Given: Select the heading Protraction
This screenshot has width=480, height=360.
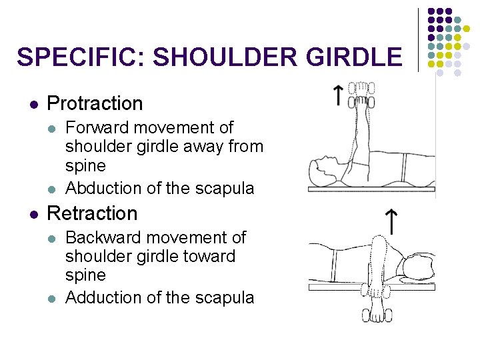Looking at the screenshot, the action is (95, 103).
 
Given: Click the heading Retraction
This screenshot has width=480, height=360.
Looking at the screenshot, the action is (93, 213).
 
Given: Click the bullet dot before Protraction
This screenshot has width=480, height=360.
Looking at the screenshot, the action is (33, 104).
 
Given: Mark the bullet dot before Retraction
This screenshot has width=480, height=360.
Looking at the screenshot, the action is (33, 214).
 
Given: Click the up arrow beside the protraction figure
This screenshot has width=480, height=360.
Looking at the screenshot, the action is (339, 95).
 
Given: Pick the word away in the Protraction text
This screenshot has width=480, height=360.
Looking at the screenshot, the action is (205, 146).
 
